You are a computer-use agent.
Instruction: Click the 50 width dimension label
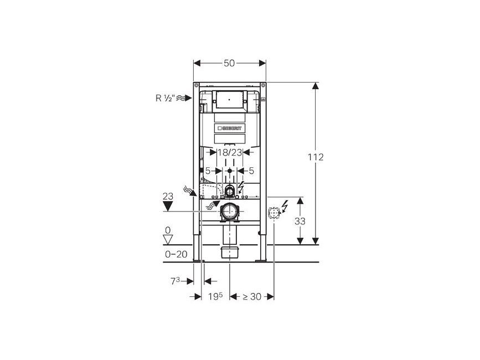pyautogui.click(x=229, y=63)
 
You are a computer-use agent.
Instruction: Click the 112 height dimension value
pyautogui.click(x=316, y=157)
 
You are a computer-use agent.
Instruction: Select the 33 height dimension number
pyautogui.click(x=300, y=221)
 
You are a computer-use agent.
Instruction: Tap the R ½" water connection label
pyautogui.click(x=165, y=98)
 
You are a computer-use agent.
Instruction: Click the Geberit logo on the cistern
pyautogui.click(x=229, y=128)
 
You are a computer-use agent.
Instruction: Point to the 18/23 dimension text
pyautogui.click(x=230, y=152)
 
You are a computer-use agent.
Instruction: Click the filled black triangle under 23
pyautogui.click(x=168, y=205)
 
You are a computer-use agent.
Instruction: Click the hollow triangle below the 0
pyautogui.click(x=168, y=239)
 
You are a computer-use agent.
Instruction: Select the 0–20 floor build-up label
pyautogui.click(x=176, y=254)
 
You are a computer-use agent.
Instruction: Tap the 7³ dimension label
pyautogui.click(x=175, y=281)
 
